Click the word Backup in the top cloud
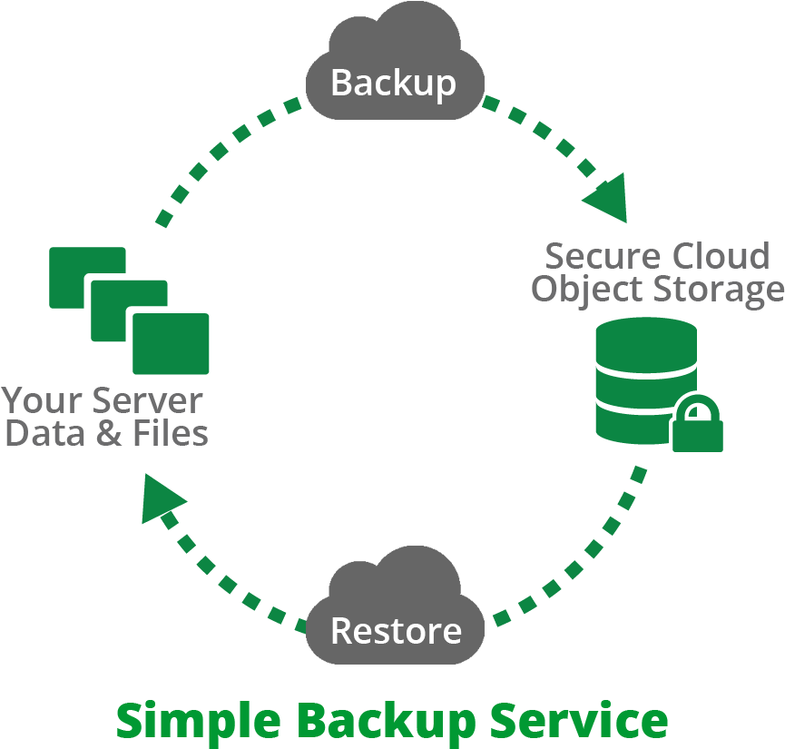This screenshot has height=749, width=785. click(393, 83)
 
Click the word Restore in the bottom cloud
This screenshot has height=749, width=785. click(396, 629)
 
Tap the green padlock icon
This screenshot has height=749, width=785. click(697, 424)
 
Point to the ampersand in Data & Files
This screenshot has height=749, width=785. click(109, 433)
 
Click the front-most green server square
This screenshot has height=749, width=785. click(171, 343)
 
